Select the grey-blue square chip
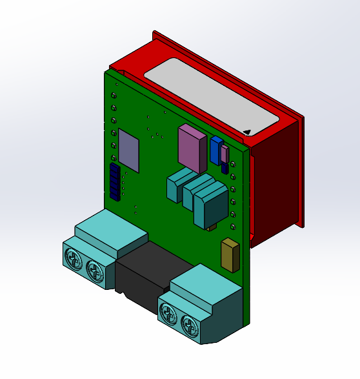pyautogui.click(x=128, y=152)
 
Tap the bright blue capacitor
pyautogui.click(x=216, y=150)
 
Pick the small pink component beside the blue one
pyautogui.click(x=224, y=154)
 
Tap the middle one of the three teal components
pyautogui.click(x=195, y=190)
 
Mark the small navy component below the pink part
pyautogui.click(x=225, y=167)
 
